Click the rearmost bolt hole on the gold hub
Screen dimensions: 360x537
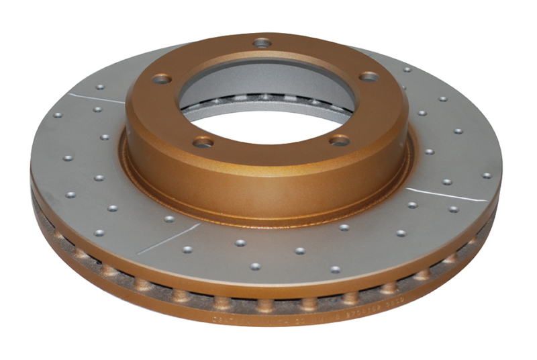(262, 43)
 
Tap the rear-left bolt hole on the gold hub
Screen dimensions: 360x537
(161, 79)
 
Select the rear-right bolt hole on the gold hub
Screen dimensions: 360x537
(368, 77)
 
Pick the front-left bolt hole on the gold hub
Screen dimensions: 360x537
(203, 142)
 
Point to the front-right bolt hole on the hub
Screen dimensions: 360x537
(340, 140)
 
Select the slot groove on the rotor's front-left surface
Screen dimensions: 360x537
(168, 238)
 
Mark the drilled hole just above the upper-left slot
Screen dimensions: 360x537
(100, 87)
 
